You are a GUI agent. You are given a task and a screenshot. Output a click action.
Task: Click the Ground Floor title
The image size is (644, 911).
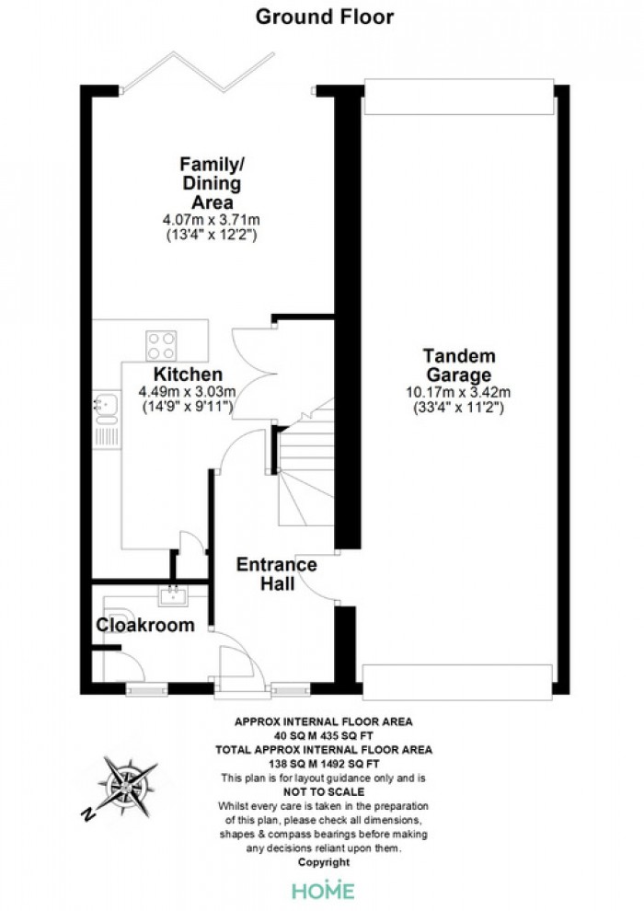[x=325, y=17]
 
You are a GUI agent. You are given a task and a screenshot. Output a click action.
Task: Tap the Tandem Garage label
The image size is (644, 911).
[x=459, y=365]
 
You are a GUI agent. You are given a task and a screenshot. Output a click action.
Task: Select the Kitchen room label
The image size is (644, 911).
[x=188, y=375]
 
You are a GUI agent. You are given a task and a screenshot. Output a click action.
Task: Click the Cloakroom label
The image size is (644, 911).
[x=145, y=625]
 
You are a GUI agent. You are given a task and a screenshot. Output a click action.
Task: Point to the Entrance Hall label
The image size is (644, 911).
[x=276, y=574]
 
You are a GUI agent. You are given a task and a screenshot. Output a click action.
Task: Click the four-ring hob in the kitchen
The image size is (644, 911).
[x=161, y=346]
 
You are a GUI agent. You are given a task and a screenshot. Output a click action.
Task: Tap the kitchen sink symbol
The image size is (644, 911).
[x=106, y=409]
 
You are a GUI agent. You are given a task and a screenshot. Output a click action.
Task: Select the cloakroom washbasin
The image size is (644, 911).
[x=173, y=595]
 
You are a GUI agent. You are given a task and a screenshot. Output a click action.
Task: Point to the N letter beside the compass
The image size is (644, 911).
[x=88, y=814]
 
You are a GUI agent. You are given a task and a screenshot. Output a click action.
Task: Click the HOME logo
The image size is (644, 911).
[x=324, y=890]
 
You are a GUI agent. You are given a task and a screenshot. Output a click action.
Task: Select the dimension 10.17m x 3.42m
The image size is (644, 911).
[x=458, y=393]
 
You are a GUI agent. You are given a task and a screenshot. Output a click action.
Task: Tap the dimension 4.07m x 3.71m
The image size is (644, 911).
[x=212, y=220]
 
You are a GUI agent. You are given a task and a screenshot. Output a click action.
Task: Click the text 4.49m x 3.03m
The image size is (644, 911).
[x=187, y=392]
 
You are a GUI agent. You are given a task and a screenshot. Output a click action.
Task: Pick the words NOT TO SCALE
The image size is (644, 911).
[x=324, y=792]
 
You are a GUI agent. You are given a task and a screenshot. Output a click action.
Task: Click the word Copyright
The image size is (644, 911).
[x=324, y=862]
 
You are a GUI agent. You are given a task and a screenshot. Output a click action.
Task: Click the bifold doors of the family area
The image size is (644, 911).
[x=198, y=73]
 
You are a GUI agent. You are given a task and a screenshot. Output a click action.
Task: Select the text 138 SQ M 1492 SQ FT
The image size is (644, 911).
[x=324, y=764]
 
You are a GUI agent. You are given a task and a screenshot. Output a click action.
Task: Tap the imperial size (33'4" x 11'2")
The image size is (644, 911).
[x=458, y=408]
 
